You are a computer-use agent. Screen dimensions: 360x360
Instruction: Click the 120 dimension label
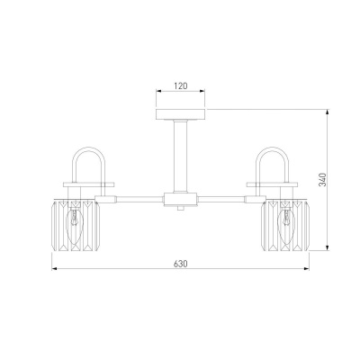pos(181,85)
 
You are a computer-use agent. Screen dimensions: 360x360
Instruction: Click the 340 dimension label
pos(322,179)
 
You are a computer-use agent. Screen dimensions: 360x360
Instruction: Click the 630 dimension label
pos(181,264)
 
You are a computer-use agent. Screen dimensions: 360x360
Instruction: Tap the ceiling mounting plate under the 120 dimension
pos(181,114)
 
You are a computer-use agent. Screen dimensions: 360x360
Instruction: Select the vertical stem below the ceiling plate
pos(181,156)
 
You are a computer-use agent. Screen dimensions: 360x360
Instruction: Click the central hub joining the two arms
pos(180,199)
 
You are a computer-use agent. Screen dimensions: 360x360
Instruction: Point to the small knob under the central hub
pos(180,208)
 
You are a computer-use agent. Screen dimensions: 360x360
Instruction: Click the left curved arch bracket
pos(90,148)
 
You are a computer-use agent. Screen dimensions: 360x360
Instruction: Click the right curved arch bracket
pos(272,148)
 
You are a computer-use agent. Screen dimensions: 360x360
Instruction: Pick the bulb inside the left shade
pos(74,219)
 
